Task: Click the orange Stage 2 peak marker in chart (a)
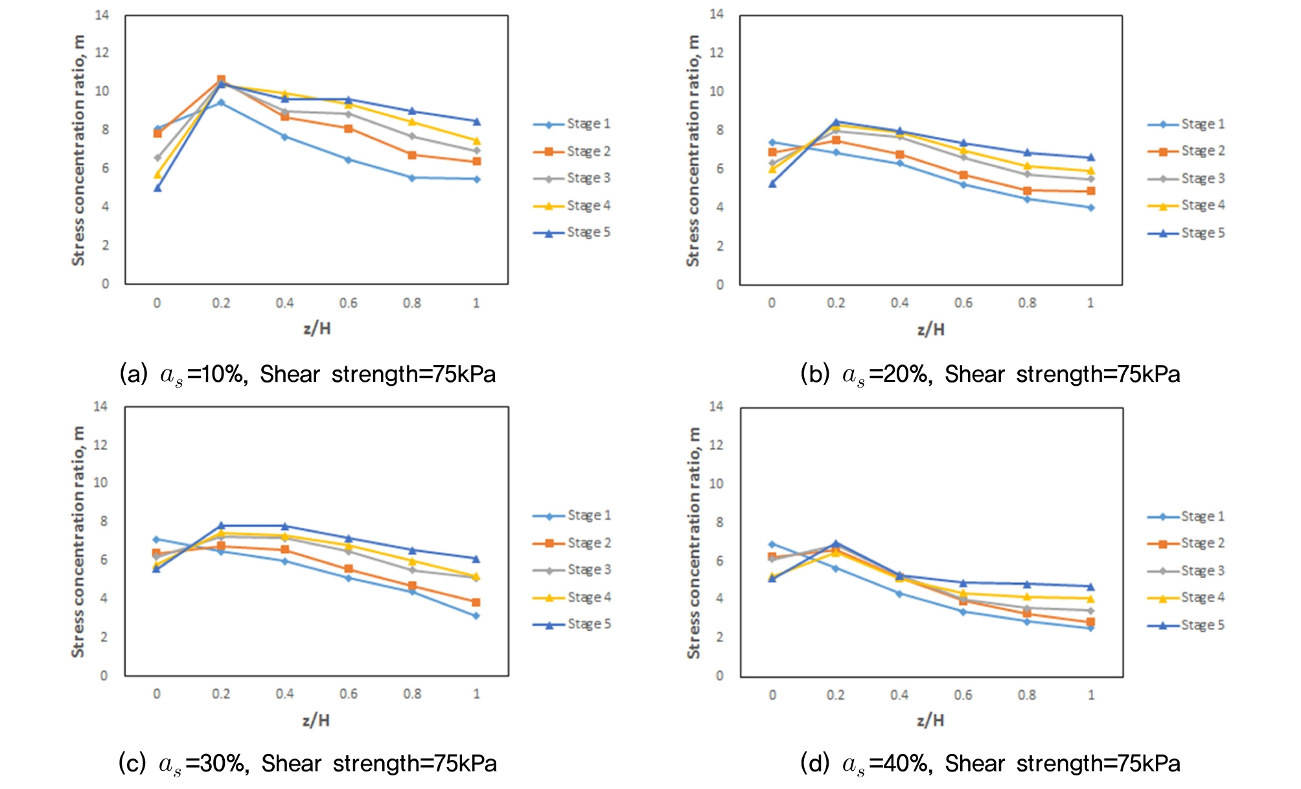[x=221, y=80]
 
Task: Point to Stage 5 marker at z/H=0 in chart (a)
[x=157, y=188]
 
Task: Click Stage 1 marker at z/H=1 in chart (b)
[x=1091, y=208]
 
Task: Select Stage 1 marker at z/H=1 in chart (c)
[x=476, y=616]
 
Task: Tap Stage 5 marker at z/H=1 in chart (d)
[x=1091, y=587]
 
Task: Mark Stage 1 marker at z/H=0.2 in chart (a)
[x=221, y=102]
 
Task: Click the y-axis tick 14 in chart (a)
[x=102, y=15]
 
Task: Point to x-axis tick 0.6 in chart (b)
[x=963, y=303]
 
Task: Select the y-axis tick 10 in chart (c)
[x=100, y=483]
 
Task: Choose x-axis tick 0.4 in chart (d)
[x=899, y=695]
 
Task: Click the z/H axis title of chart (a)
[x=317, y=329]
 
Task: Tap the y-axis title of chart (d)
[x=694, y=543]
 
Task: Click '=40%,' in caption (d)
[x=901, y=764]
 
